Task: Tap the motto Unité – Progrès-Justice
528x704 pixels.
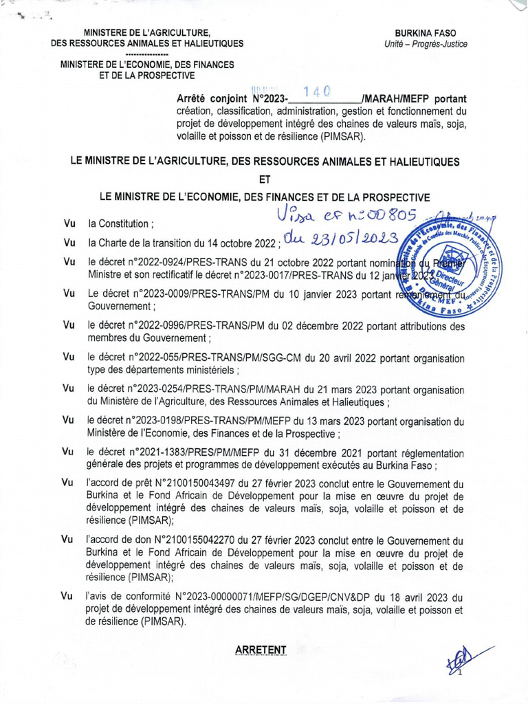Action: coord(426,44)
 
